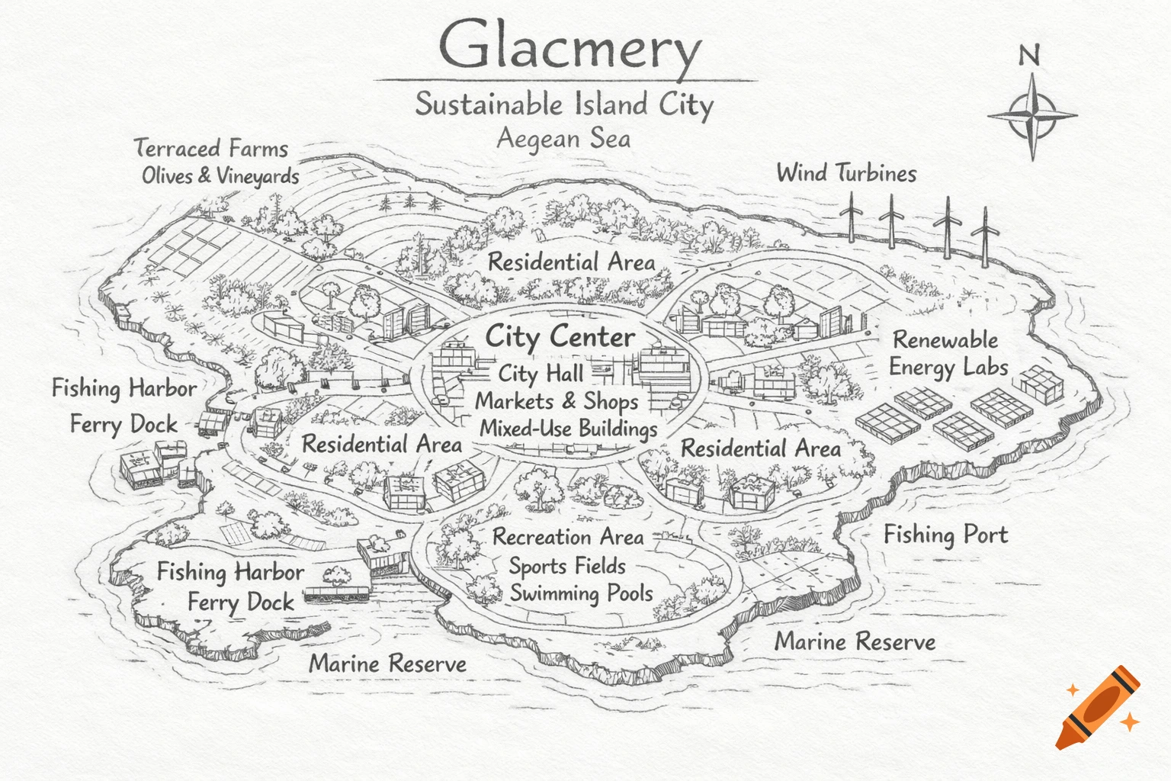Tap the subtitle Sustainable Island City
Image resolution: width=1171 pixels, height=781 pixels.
click(564, 104)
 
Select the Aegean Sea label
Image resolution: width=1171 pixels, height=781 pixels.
click(563, 139)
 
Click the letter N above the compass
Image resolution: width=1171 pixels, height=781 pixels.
click(1029, 55)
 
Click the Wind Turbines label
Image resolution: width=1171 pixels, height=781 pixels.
click(846, 173)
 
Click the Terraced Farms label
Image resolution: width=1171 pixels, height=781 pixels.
click(211, 148)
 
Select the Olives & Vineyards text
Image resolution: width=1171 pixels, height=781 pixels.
click(220, 176)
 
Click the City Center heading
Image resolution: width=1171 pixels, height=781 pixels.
click(560, 337)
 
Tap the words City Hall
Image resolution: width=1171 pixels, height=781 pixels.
click(541, 374)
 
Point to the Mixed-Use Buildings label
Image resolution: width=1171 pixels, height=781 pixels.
click(568, 429)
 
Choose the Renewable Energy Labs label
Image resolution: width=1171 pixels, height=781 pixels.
click(948, 353)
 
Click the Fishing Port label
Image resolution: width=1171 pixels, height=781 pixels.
click(945, 535)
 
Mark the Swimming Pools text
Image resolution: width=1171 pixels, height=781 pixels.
click(581, 593)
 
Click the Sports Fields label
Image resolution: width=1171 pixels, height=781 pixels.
click(567, 566)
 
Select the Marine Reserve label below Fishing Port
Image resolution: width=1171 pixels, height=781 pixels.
click(855, 642)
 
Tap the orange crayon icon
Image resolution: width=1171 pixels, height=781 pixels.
click(1098, 707)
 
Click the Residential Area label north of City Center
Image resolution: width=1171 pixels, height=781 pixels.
click(571, 262)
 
